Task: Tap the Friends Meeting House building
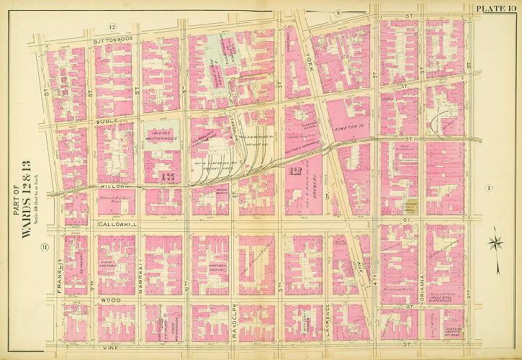click(x=164, y=137)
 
